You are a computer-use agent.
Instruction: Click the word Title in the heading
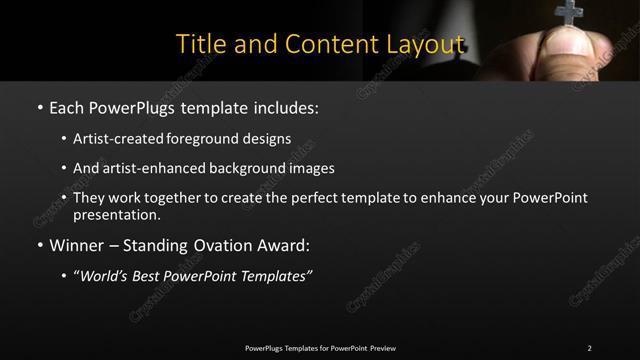[198, 45]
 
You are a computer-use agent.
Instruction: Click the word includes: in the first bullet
[288, 106]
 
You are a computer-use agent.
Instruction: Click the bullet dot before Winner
[39, 245]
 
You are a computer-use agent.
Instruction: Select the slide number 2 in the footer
[589, 347]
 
